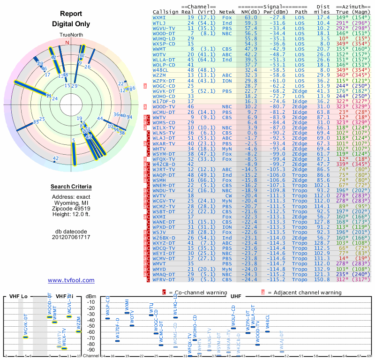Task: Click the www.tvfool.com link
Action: [x=71, y=280]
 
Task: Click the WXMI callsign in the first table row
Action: [x=159, y=17]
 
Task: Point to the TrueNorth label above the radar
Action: [x=71, y=35]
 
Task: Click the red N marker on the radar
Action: [x=67, y=43]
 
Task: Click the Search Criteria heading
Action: [x=71, y=187]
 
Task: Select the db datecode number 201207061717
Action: [x=71, y=237]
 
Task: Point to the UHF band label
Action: [x=236, y=296]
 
